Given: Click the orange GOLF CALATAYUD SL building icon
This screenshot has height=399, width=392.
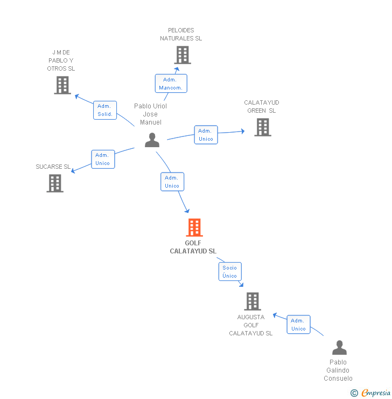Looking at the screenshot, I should pos(194,228).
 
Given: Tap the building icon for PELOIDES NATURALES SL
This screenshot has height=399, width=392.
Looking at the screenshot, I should pos(183,55).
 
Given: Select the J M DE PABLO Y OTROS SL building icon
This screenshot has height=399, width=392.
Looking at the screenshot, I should pos(62,85).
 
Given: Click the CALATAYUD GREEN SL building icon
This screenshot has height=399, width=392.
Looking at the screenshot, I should pos(263,127).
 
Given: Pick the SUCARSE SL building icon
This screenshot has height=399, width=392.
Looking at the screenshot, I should pos(55,183).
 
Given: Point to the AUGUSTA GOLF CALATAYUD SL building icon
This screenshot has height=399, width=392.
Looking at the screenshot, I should pos(252,301).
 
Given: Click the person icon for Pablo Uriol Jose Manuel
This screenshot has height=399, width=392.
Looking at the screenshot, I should pos(152,140).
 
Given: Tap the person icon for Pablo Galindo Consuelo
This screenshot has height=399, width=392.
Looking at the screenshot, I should pos(339,348).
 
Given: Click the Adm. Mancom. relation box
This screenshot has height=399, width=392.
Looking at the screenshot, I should pos(171,84).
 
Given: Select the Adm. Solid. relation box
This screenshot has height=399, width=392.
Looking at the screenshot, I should pos(105,110).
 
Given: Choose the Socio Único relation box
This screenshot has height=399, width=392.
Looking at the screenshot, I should pos(230,272).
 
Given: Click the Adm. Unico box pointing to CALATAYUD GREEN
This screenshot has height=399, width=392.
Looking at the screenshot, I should pos(206,135).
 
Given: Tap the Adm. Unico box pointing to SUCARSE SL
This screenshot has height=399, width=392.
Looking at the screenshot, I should pos(103,159).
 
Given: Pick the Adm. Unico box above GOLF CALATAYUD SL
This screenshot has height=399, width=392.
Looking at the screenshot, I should pos(172,182).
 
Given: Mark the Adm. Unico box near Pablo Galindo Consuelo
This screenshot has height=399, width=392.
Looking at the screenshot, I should pos(298,325).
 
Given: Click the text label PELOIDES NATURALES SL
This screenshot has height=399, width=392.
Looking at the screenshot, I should pos(181,35).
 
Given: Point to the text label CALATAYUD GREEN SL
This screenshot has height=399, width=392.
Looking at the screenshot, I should pos(262,107).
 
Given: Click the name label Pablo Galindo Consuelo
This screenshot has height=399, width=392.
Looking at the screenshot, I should pos(338,370).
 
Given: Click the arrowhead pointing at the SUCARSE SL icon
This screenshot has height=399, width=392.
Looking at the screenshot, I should pos(74,171).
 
